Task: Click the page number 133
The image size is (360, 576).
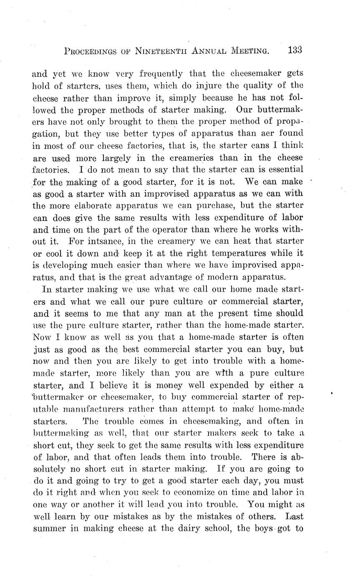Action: click(x=295, y=50)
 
